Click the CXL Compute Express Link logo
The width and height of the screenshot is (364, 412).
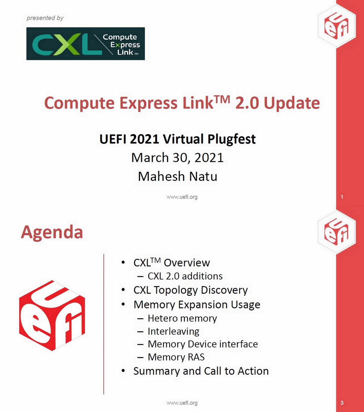(x=85, y=44)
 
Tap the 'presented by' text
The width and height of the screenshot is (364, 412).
(x=45, y=18)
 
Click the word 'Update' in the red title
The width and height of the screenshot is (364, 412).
(x=292, y=103)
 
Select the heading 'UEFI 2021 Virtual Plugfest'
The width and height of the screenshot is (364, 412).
(x=177, y=139)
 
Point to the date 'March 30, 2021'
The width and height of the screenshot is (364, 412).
(x=177, y=158)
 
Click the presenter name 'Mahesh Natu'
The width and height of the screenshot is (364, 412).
(x=177, y=177)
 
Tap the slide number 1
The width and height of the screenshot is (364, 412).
(x=342, y=197)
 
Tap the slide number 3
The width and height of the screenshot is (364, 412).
(x=342, y=403)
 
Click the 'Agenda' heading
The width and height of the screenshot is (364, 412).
(x=52, y=232)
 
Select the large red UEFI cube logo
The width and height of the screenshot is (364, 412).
(x=52, y=315)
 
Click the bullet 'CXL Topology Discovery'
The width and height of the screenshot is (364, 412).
(x=190, y=290)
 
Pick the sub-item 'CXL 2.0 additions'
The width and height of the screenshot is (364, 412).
(x=185, y=276)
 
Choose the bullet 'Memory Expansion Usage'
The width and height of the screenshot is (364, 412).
(x=197, y=305)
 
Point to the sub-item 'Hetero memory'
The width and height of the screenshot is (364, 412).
(x=182, y=319)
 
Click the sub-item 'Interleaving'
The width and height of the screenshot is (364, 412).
(x=173, y=331)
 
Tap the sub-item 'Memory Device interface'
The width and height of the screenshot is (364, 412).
(x=203, y=344)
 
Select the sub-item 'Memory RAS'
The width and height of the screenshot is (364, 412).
(x=176, y=357)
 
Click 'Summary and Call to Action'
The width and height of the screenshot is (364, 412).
(x=201, y=371)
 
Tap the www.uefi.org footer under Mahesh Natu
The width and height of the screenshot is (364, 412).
(x=182, y=197)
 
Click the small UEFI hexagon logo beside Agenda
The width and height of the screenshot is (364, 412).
(x=336, y=232)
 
